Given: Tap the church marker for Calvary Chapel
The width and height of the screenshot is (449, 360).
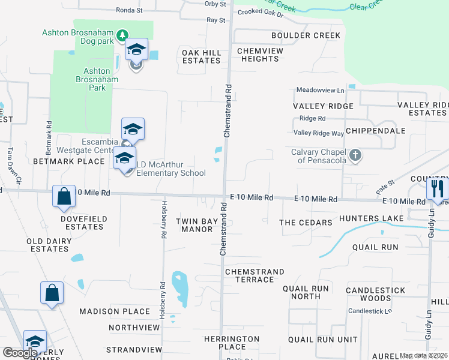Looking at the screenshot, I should point(355,156).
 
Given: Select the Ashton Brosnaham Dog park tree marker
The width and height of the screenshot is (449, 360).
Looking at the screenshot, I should point(122,35).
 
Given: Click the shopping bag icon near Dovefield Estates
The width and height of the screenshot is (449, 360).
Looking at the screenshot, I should point(64,196).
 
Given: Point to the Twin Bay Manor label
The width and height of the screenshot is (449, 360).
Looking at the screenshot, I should point(197,225).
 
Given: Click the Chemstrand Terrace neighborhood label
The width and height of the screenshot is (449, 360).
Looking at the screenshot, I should point(255,276).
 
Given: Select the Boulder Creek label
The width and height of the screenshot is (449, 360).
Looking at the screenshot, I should point(306,35).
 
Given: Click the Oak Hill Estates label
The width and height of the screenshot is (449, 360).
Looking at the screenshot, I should point(202,57).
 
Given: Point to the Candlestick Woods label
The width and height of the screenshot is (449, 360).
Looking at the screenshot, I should point(369,294).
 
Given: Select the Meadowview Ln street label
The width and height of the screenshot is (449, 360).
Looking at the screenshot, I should point(320,90).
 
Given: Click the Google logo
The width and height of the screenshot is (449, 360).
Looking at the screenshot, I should point(20,353).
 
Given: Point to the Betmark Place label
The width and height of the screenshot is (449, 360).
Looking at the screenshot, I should point(69,161).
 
